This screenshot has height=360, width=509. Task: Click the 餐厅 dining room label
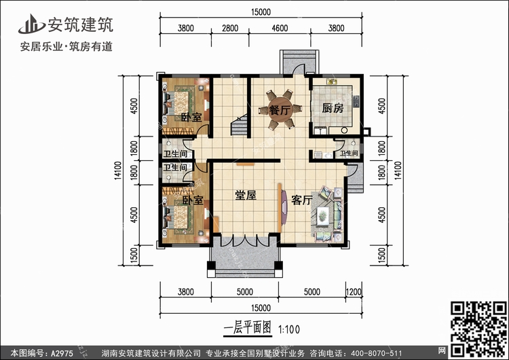tap(280, 110)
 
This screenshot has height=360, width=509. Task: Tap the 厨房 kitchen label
tap(333, 108)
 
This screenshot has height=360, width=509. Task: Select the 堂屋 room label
tap(246, 195)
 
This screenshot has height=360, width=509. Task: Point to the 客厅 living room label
tap(302, 200)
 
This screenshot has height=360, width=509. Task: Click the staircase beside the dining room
tap(239, 125)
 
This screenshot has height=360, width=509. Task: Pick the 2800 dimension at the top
tap(230, 29)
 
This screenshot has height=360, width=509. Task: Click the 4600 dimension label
tap(280, 29)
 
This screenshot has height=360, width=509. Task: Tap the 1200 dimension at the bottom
tap(353, 291)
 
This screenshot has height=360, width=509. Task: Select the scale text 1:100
tap(289, 330)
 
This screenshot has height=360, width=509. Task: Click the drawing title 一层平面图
tap(247, 328)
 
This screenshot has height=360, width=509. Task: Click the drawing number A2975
tap(61, 353)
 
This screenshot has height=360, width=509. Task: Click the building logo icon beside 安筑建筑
tap(31, 24)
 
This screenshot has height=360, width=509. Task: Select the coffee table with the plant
tap(322, 215)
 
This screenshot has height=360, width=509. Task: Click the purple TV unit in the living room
tap(284, 207)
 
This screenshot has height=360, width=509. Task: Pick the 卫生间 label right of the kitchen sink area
tap(349, 153)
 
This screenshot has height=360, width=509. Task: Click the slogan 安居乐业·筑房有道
tap(67, 46)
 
